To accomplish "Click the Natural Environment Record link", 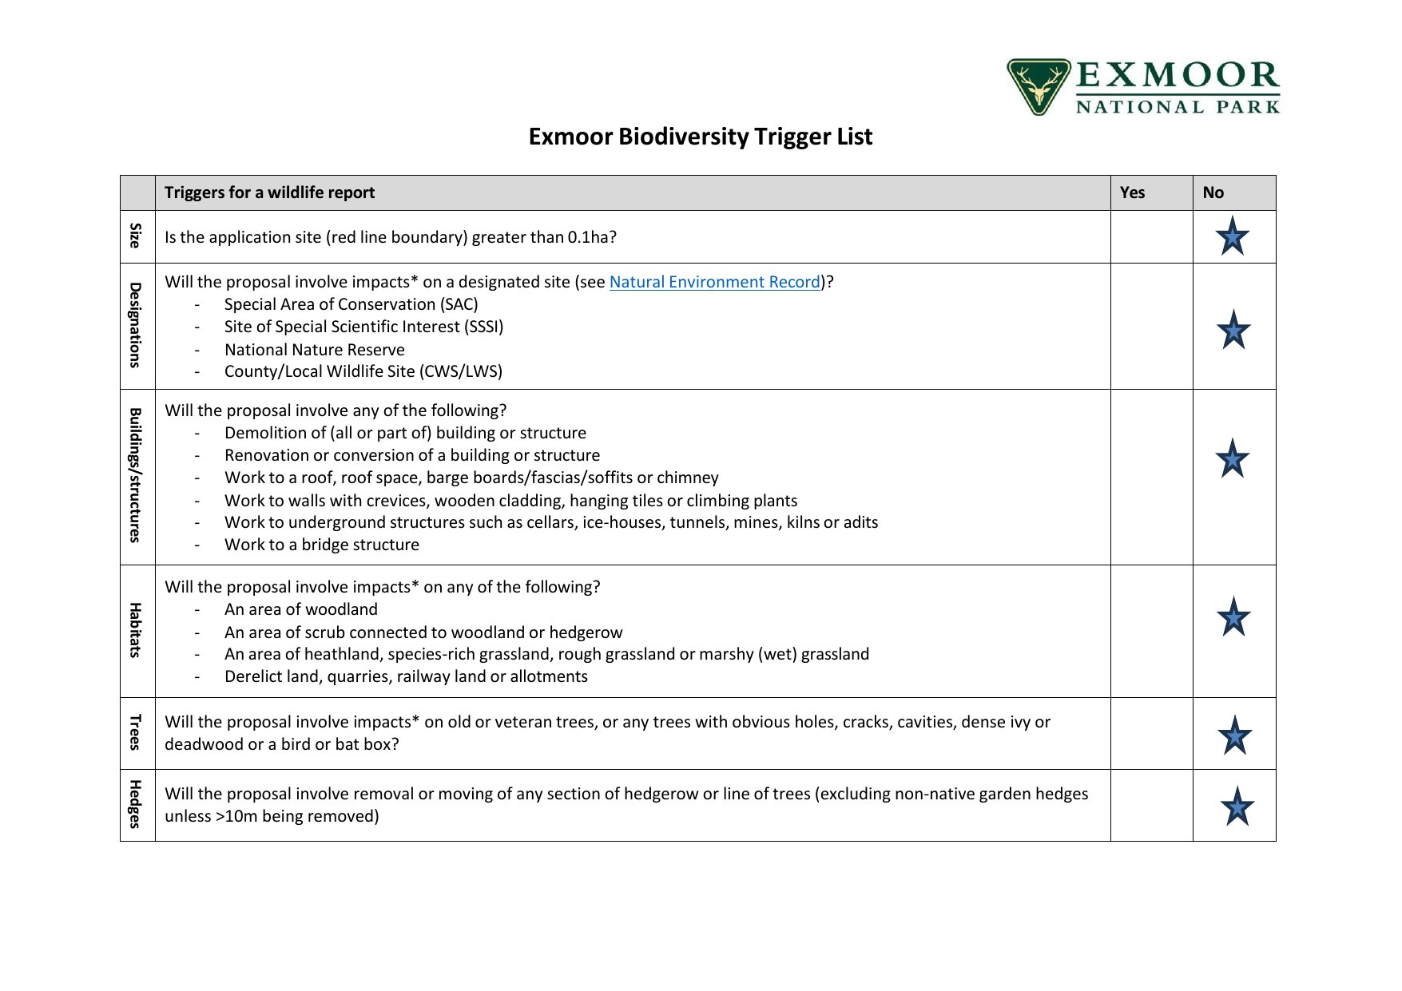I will (x=714, y=282).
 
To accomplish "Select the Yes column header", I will (x=1132, y=192).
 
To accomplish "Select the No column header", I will (x=1213, y=192).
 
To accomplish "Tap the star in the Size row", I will (x=1232, y=236).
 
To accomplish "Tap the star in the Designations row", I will (x=1233, y=330).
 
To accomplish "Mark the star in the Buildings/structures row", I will (x=1232, y=459).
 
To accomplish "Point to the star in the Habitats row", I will (x=1233, y=617).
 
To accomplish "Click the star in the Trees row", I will (x=1234, y=735).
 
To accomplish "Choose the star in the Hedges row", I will (x=1237, y=807).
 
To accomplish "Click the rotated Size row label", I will (x=137, y=236).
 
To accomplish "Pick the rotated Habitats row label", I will (x=137, y=630).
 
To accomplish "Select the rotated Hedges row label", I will (x=137, y=804).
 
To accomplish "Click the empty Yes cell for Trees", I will (x=1151, y=733).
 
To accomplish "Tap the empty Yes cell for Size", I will (x=1151, y=236).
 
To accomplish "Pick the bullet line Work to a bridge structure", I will (x=321, y=545).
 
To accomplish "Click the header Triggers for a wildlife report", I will (x=269, y=192).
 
